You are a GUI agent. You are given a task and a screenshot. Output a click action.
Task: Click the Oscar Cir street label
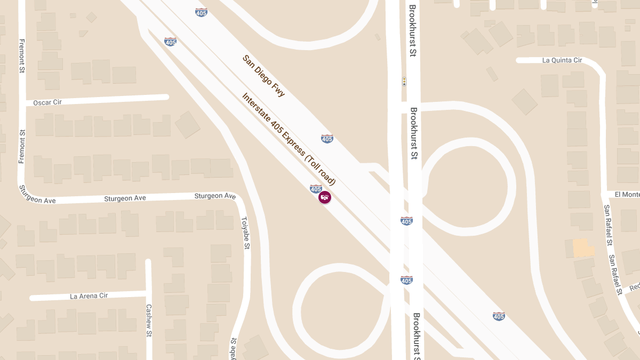[x=47, y=102]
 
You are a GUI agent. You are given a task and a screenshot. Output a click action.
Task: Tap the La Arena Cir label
[x=89, y=295]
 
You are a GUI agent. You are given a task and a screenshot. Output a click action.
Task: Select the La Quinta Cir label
[x=562, y=60]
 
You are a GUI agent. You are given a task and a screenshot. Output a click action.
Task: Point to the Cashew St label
[x=149, y=320]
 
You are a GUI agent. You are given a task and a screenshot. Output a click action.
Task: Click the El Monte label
[x=627, y=195]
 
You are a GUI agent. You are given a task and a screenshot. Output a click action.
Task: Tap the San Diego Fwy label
[x=263, y=76]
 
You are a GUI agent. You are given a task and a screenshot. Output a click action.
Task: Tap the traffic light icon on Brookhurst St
[x=404, y=82]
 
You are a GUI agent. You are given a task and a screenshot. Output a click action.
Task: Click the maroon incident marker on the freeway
[x=324, y=197]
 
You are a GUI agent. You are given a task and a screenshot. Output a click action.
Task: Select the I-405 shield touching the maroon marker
[x=316, y=188]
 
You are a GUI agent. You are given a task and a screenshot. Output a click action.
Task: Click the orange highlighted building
[x=583, y=248]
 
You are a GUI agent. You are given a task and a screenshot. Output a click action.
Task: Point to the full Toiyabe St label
[x=245, y=233]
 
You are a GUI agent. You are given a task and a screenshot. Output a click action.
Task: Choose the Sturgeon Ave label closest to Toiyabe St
[x=215, y=196]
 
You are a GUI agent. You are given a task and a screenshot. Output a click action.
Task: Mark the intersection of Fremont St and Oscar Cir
[x=22, y=102]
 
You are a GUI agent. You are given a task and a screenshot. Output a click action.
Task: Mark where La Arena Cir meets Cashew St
[x=148, y=293]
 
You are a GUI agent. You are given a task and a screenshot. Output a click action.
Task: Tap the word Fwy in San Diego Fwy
[x=278, y=91]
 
